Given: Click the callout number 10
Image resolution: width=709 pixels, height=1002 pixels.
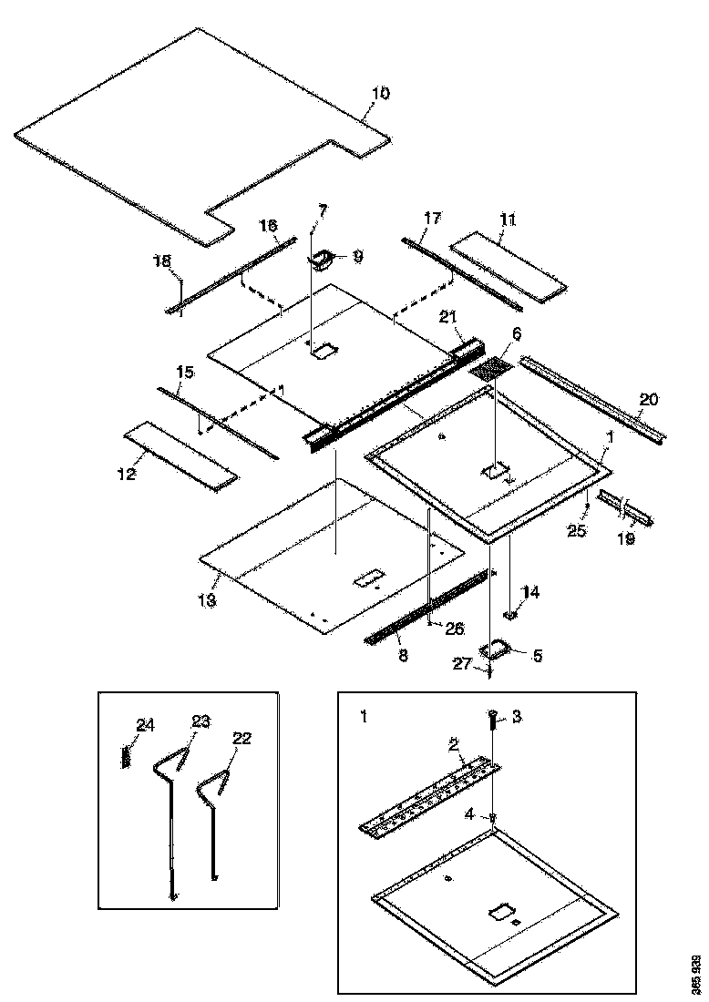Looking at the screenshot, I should (x=380, y=93).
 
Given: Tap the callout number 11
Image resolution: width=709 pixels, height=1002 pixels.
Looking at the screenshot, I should (x=508, y=220).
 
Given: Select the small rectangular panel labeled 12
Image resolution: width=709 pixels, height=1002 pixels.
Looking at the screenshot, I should (x=180, y=455).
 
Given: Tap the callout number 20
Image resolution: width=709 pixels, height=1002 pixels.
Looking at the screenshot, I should (x=648, y=399).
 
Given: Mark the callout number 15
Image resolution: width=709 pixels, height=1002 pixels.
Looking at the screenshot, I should (x=185, y=373).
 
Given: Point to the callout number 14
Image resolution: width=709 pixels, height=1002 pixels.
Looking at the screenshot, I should (x=530, y=592).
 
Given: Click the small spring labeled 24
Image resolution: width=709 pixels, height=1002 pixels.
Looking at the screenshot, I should (x=127, y=755).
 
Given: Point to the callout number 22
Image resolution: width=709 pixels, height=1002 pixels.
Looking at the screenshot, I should (x=241, y=739).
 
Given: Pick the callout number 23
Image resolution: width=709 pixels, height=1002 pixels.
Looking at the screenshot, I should (x=200, y=721).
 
